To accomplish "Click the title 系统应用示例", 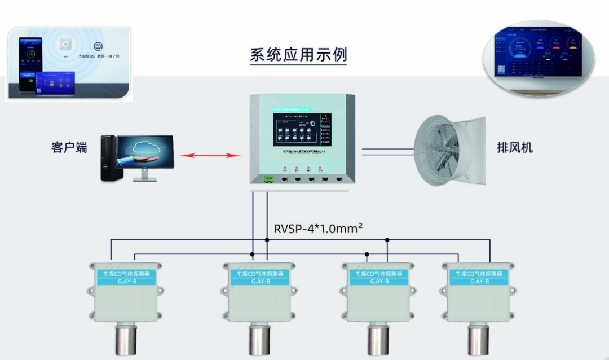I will pos(298,55).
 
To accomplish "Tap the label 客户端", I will pos(69,148).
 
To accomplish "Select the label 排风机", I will pos(515,148).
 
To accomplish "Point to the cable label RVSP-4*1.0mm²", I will pos(318,229).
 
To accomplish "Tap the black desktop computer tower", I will pos(112,159).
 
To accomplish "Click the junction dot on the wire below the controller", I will pos(267,240).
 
